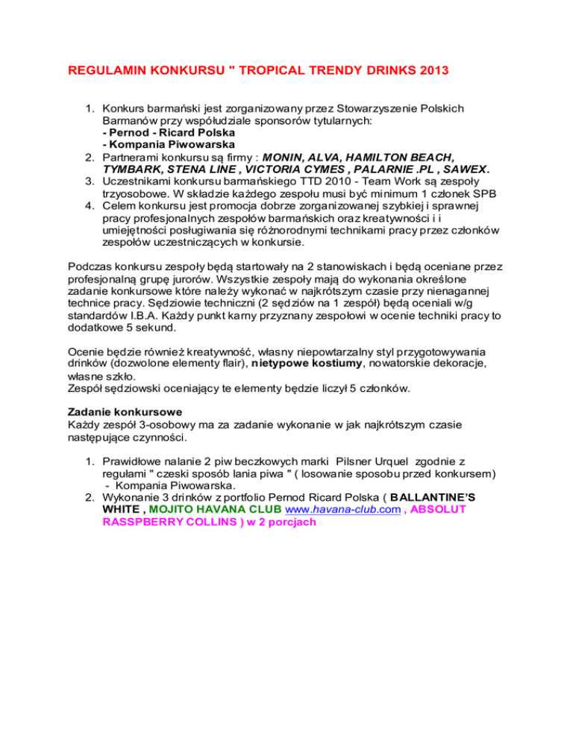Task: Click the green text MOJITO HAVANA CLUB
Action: click(202, 510)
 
